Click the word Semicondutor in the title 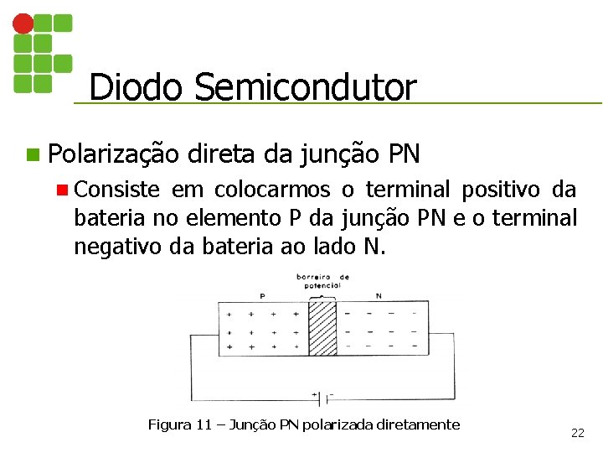tap(305, 87)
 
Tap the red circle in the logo tap(23, 23)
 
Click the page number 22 tap(577, 433)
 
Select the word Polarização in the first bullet tap(113, 154)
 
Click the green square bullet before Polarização tap(32, 154)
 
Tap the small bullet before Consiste tap(61, 190)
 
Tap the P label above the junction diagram tap(262, 295)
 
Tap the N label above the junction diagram tap(379, 295)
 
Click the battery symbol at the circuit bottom tap(322, 393)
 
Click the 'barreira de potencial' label tap(322, 281)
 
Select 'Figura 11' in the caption tap(179, 424)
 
